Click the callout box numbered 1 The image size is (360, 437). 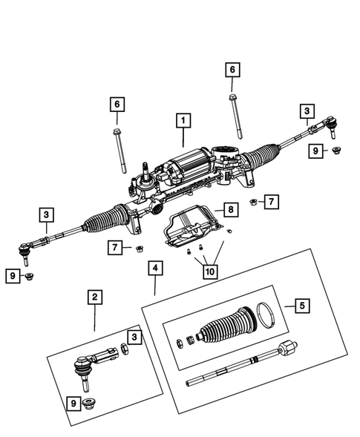tap(182, 119)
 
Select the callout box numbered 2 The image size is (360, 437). tap(94, 298)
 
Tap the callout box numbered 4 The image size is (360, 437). tap(154, 268)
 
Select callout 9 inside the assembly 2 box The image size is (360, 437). tap(72, 403)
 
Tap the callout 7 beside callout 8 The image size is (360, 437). tap(272, 201)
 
